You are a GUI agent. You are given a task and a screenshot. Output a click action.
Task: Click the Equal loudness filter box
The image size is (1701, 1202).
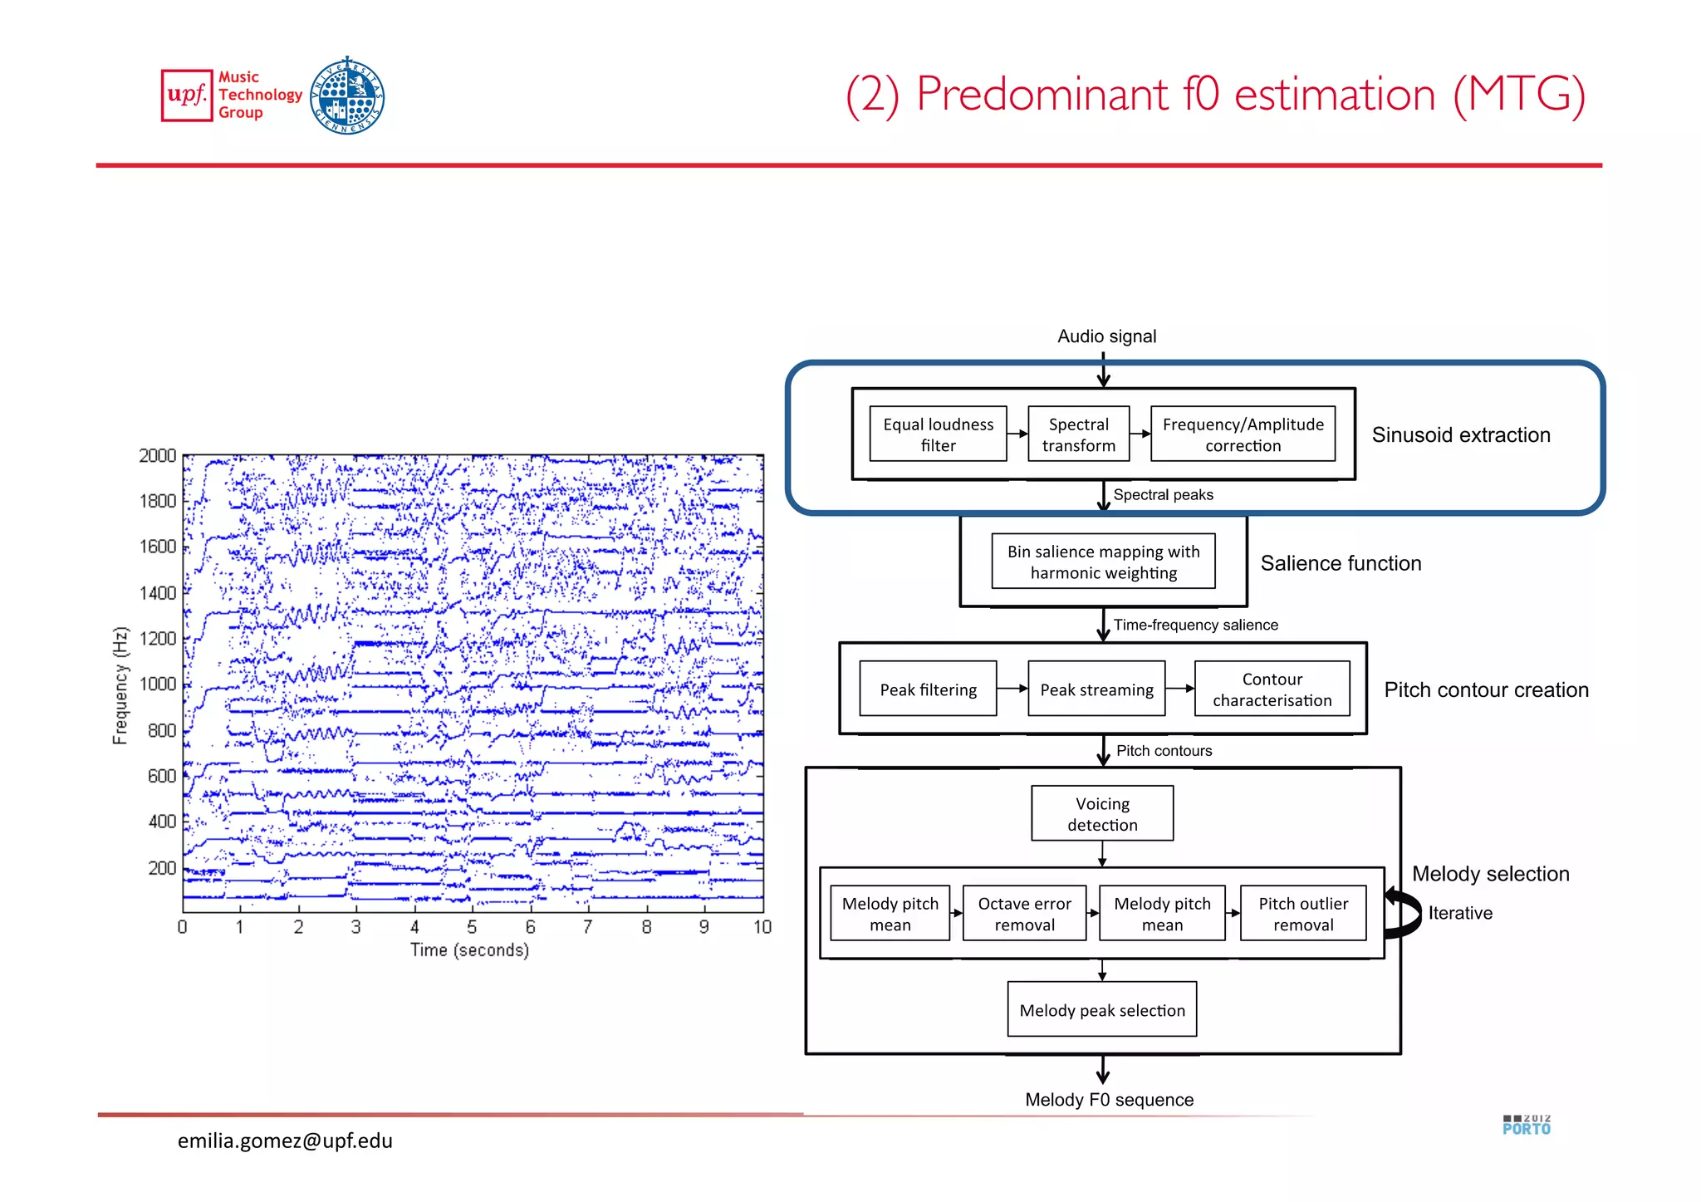click(x=938, y=434)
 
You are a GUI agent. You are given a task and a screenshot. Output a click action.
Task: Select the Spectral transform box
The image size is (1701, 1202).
click(x=1078, y=434)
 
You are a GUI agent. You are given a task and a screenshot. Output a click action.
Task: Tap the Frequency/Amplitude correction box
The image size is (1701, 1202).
click(x=1243, y=434)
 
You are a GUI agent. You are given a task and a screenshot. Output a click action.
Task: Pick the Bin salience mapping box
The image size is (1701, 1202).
click(x=1103, y=562)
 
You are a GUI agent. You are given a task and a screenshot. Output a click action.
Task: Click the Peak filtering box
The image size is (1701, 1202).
click(x=928, y=689)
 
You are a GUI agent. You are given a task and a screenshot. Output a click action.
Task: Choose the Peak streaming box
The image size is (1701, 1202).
click(x=1096, y=689)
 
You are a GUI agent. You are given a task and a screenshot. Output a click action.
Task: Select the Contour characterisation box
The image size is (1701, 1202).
click(x=1272, y=689)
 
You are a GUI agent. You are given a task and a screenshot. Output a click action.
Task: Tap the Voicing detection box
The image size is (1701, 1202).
click(x=1102, y=814)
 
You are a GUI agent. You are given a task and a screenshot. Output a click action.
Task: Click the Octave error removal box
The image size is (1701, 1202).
click(x=1024, y=914)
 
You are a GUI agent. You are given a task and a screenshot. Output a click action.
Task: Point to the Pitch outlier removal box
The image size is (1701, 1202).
click(x=1302, y=914)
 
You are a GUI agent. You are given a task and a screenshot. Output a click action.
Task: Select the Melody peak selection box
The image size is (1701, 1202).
click(x=1102, y=1010)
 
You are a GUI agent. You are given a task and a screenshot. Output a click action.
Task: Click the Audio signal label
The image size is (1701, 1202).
click(x=1106, y=336)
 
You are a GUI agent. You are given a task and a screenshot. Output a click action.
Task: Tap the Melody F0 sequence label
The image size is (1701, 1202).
click(x=1109, y=1100)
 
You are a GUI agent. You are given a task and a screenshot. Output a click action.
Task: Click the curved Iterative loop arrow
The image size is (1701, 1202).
click(x=1403, y=914)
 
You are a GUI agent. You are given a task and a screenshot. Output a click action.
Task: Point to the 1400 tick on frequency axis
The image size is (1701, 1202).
click(x=158, y=593)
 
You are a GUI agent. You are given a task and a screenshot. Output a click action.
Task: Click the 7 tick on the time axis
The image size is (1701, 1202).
click(x=588, y=927)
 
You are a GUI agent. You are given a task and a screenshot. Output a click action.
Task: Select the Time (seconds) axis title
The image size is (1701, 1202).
click(x=469, y=950)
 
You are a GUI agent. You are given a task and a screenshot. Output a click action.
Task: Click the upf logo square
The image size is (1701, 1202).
click(x=187, y=96)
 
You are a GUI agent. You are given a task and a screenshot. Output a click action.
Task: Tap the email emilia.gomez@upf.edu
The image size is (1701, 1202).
click(x=285, y=1141)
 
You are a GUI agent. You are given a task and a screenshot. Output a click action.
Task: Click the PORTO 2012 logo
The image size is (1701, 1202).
click(x=1527, y=1126)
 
